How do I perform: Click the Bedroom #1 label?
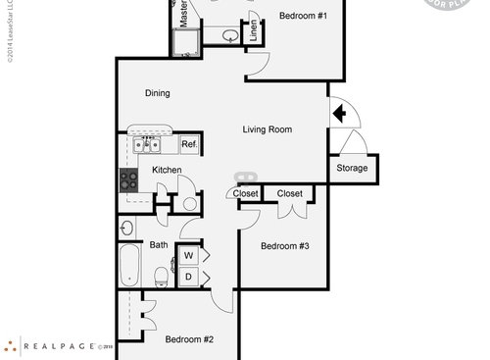pos(302,17)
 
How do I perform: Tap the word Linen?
pos(253,29)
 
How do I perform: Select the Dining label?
pos(158,94)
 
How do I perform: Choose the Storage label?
pos(352,168)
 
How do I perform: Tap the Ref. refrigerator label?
pos(188,145)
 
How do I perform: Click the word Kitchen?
pos(167,170)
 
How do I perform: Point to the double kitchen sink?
pos(147,145)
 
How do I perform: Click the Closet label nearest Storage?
pos(290,194)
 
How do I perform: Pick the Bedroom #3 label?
pos(284,246)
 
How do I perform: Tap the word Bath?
pos(159,245)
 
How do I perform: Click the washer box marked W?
pos(188,256)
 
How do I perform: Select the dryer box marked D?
pos(188,278)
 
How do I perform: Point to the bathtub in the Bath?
pos(129,264)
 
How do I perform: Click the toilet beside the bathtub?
pos(161,275)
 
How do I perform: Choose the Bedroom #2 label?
pos(189,339)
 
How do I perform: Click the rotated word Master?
pos(183,13)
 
